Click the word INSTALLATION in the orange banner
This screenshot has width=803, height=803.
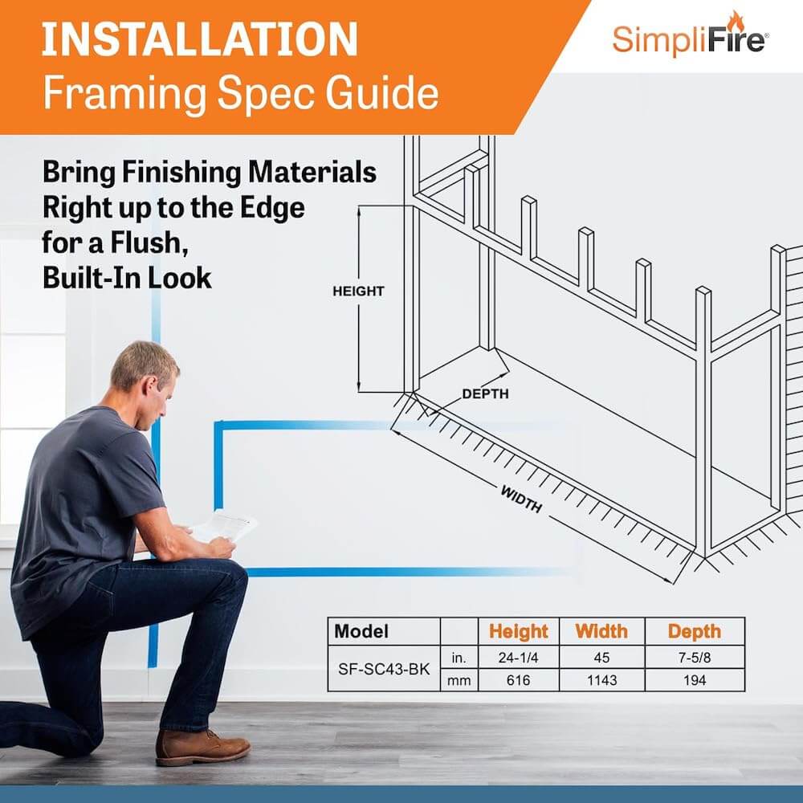[x=200, y=39]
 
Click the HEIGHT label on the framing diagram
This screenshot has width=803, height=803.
[x=358, y=291]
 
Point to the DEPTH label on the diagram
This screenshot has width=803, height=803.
[x=485, y=393]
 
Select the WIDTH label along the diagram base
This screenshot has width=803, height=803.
[x=521, y=499]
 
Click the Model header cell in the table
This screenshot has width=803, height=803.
[x=361, y=631]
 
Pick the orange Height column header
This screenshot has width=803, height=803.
[x=518, y=631]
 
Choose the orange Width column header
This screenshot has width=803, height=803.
[x=601, y=631]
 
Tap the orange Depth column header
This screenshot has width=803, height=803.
[x=694, y=631]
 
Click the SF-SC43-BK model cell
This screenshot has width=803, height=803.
[x=384, y=669]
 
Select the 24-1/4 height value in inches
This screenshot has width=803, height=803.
[x=518, y=657]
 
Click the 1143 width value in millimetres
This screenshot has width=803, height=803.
[x=601, y=680]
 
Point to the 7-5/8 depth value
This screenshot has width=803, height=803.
[x=695, y=657]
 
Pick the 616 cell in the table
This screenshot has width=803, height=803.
[x=518, y=680]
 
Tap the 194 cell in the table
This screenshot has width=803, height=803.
[x=695, y=680]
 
